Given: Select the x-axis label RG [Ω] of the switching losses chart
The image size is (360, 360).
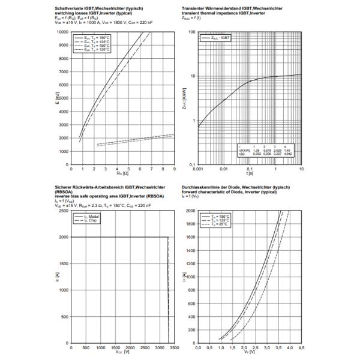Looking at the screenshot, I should (124, 174).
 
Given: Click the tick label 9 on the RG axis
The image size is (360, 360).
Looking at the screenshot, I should (174, 169).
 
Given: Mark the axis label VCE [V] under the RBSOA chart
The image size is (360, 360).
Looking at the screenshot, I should (123, 354).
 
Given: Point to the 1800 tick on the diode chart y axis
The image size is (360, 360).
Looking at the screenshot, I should (191, 224).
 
